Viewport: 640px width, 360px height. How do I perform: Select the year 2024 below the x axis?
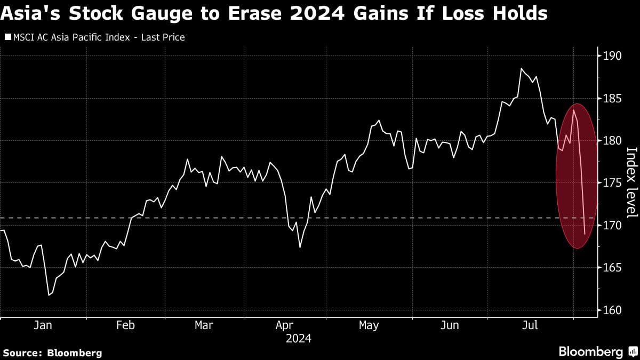299,338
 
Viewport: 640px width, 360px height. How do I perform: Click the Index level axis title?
631,182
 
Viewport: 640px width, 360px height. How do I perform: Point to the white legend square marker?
7,37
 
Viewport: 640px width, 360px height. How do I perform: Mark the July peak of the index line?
521,69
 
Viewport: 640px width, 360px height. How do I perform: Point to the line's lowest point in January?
49,294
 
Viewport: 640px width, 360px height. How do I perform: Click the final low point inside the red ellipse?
585,234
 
